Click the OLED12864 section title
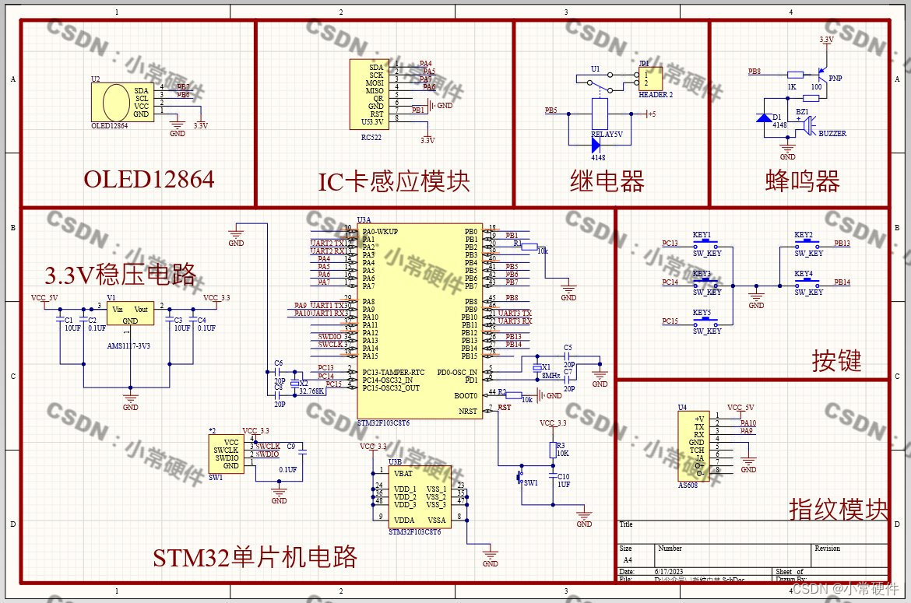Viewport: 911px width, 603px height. click(x=149, y=180)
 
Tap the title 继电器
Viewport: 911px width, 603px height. click(x=607, y=182)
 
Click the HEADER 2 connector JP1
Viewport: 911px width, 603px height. click(x=652, y=79)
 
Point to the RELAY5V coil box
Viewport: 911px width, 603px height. click(x=600, y=114)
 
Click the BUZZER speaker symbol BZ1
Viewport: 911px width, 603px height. click(x=809, y=124)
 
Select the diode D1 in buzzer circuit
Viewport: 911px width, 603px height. click(x=765, y=117)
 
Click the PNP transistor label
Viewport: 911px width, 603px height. click(x=835, y=79)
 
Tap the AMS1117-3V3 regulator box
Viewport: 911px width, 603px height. click(x=130, y=314)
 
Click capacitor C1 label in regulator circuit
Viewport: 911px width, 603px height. click(x=69, y=320)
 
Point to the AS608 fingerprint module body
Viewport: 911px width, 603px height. click(x=698, y=447)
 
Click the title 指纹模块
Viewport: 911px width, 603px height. click(x=838, y=510)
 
